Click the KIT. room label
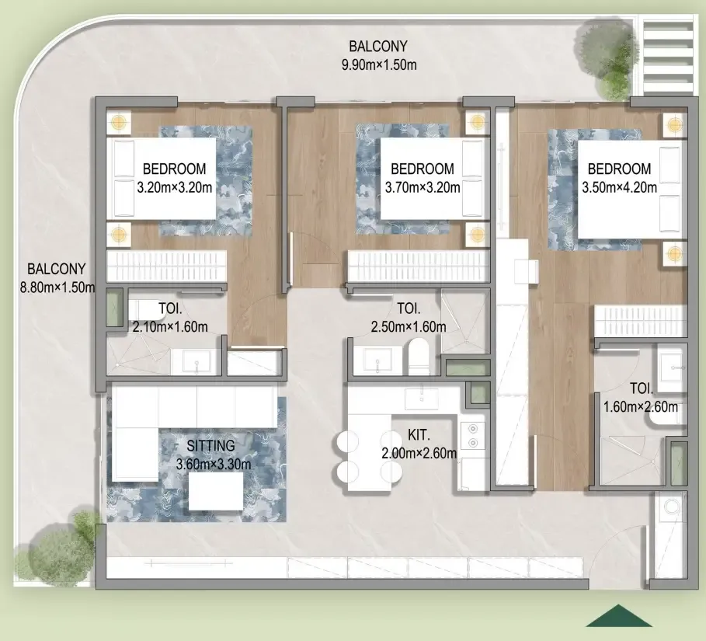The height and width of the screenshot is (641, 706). (419, 435)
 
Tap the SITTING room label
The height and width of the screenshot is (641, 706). (210, 445)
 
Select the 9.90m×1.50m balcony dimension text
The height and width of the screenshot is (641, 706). (379, 64)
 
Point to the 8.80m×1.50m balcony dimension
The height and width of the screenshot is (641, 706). (57, 287)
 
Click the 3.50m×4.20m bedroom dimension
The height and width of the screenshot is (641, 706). (619, 187)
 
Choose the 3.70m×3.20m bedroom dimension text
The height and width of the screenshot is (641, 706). (423, 187)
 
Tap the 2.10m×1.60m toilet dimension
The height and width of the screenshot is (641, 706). (170, 326)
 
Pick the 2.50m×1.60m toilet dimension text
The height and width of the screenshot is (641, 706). (409, 326)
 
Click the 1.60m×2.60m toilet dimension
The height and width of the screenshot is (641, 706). (640, 407)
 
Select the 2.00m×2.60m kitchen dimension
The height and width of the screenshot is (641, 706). (419, 453)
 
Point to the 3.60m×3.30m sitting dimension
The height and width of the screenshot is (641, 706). (214, 464)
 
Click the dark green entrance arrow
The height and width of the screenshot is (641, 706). (619, 616)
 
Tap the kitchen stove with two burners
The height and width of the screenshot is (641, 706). (472, 435)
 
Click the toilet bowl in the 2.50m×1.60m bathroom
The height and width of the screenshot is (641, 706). (418, 357)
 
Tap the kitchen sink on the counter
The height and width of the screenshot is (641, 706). (422, 397)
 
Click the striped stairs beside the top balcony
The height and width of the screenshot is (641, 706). (668, 55)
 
